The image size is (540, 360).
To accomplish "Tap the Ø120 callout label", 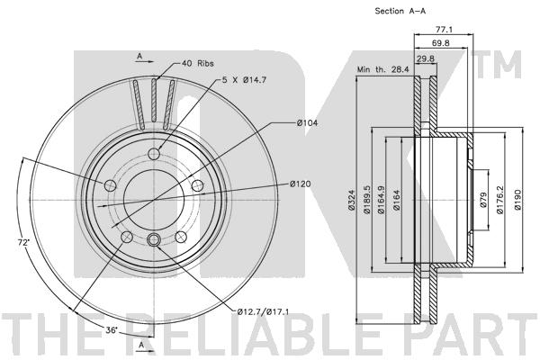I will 300,184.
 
